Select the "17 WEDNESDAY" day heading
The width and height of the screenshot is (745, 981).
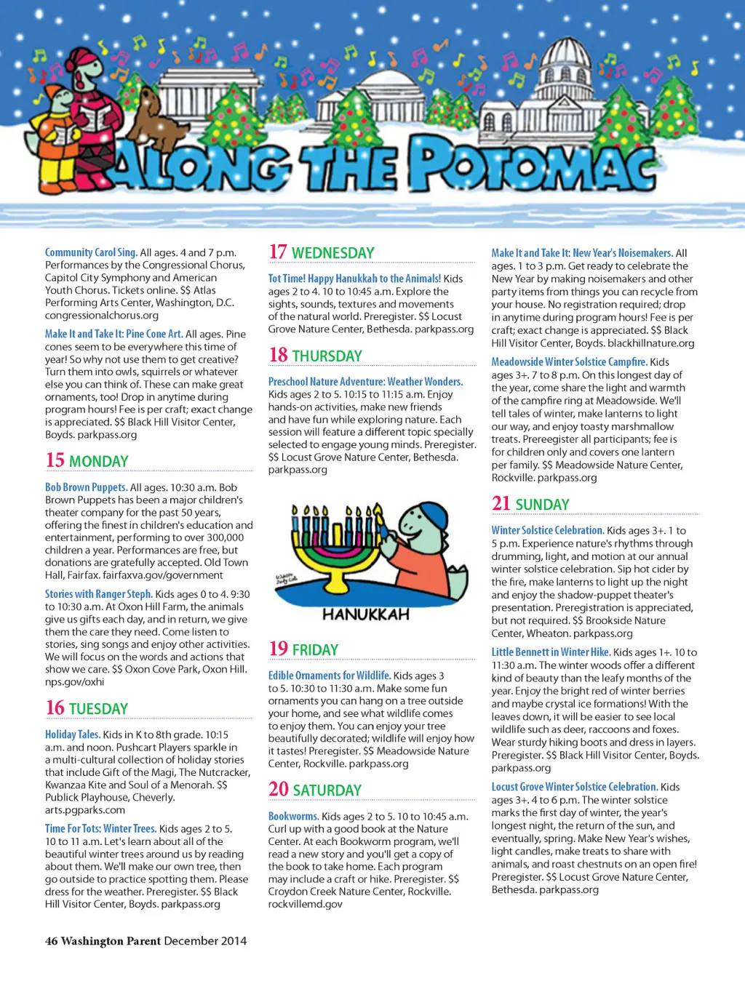[322, 252]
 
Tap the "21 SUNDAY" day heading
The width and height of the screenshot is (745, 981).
[530, 503]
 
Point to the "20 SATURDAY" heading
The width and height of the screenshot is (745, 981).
[314, 789]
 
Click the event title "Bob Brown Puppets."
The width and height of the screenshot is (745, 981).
[86, 487]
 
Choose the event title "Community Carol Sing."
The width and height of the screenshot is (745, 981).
[91, 252]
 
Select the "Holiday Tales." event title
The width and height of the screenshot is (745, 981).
[72, 734]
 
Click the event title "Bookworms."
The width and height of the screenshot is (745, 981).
[293, 816]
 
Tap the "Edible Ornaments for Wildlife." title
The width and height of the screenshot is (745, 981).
[329, 676]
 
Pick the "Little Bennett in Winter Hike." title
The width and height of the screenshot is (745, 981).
[551, 652]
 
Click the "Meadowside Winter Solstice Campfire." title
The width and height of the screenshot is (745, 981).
[569, 361]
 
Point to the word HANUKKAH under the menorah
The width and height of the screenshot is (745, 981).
[365, 614]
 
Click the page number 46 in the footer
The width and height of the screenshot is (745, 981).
[51, 941]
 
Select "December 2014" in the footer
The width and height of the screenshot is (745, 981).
[205, 941]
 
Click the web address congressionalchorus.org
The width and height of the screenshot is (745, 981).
[102, 315]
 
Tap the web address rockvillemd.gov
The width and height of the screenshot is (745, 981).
[305, 904]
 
